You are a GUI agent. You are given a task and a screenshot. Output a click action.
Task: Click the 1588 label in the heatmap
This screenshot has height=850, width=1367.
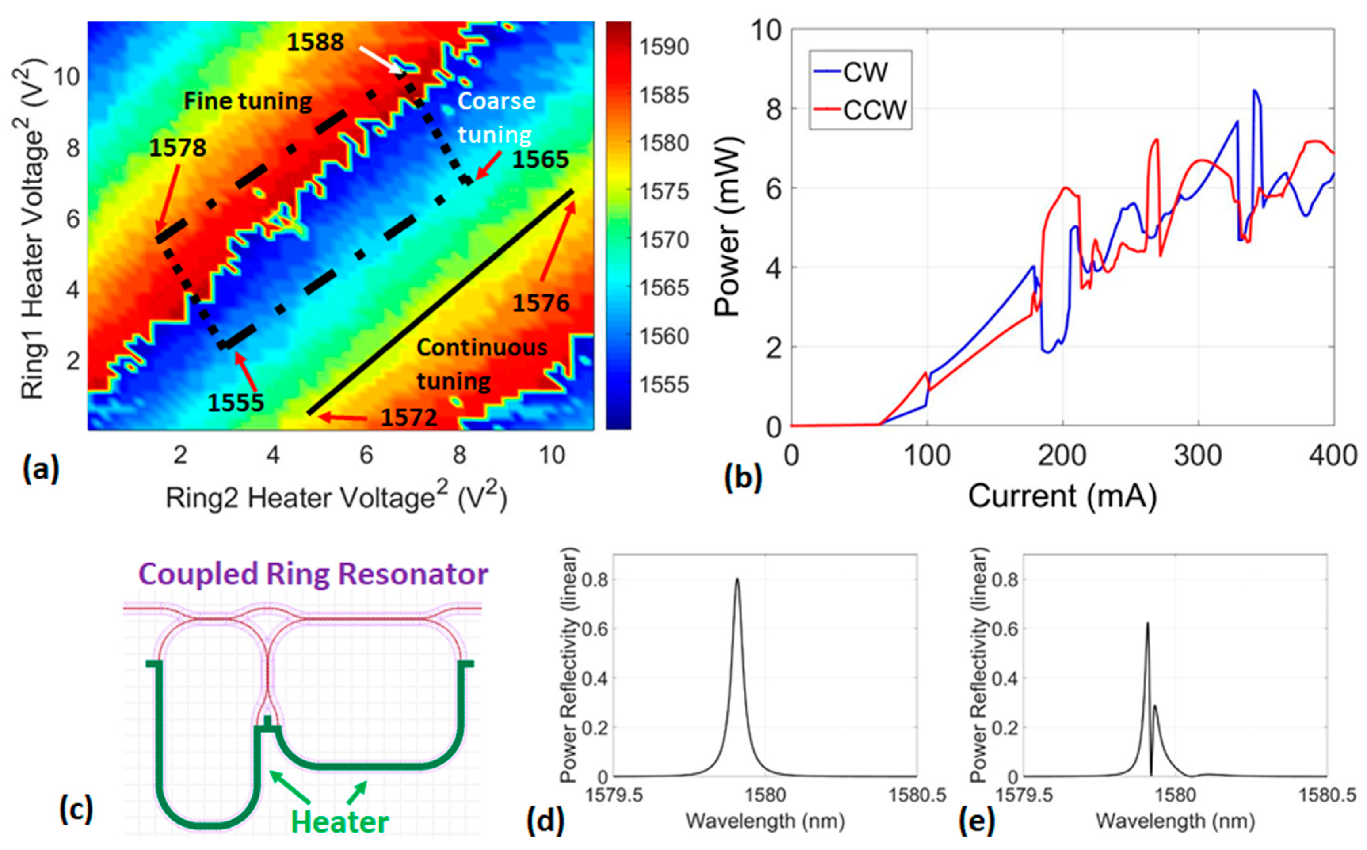click(315, 42)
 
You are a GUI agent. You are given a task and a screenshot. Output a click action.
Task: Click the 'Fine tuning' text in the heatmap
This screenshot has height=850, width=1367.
click(248, 102)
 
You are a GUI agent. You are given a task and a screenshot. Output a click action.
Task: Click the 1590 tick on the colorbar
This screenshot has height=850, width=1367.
click(663, 47)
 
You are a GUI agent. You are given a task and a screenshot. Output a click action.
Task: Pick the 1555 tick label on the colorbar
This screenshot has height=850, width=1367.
click(663, 385)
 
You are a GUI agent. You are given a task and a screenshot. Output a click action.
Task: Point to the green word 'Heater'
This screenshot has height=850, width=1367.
click(339, 822)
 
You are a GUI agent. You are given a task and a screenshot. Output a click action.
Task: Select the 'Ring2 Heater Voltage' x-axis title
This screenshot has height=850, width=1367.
click(336, 498)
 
